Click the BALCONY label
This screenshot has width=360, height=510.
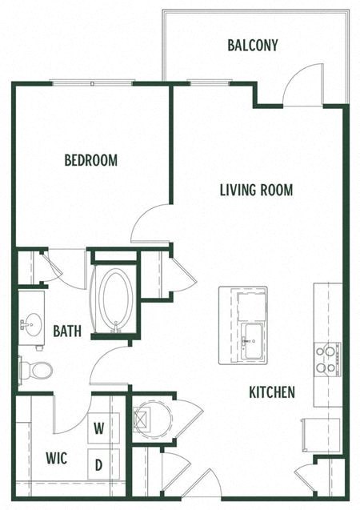click(252, 46)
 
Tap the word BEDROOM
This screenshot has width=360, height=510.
click(90, 160)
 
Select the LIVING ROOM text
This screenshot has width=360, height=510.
click(256, 190)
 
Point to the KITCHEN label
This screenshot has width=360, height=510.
click(272, 392)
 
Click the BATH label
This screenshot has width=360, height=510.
click(66, 330)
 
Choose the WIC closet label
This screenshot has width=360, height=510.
click(56, 459)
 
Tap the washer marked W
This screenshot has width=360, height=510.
click(99, 428)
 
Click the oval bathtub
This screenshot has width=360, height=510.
click(115, 298)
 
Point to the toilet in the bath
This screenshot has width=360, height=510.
click(38, 370)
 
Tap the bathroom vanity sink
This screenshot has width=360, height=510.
click(32, 324)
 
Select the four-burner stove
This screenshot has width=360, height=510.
click(327, 359)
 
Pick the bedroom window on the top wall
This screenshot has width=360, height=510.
click(92, 82)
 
